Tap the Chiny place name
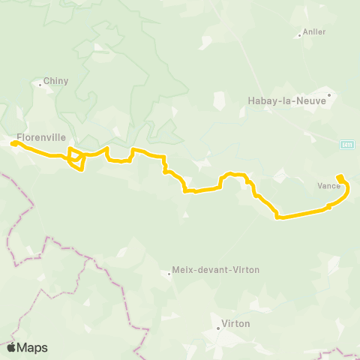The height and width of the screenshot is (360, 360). pos(55,81)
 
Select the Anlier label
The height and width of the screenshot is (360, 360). pos(313,32)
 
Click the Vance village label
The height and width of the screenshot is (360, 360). pos(328,185)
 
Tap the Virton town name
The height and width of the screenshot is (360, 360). pos(235,324)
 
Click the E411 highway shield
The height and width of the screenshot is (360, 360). pos(346,143)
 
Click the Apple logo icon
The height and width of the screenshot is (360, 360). pos(11,347)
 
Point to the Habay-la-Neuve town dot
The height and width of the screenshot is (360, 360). pos(328,95)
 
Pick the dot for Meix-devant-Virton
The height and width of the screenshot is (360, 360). pos(169,274)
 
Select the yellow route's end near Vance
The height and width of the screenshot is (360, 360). pos(340,177)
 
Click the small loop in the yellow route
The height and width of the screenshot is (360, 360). pos(76,159)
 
